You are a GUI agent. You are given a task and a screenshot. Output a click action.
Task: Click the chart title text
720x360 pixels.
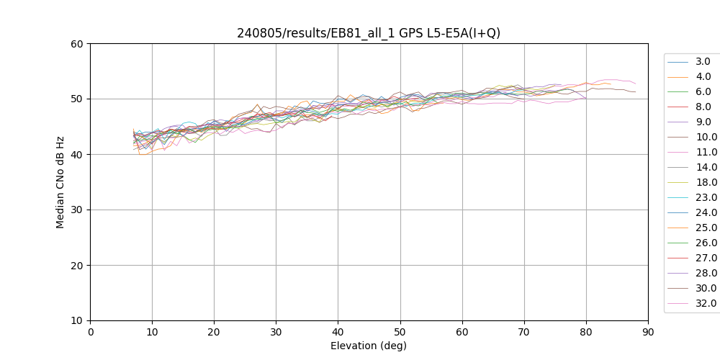369,33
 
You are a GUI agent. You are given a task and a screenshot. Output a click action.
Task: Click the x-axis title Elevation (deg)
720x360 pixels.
369,346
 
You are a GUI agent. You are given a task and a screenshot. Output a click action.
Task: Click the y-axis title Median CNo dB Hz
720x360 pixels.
60,181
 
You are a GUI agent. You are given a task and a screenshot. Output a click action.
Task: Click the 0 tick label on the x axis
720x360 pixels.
90,332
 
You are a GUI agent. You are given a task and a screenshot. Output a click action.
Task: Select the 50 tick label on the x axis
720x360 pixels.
400,332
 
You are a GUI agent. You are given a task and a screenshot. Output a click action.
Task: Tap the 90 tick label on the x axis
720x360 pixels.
648,332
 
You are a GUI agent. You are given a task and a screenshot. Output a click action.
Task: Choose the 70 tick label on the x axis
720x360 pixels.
524,332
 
